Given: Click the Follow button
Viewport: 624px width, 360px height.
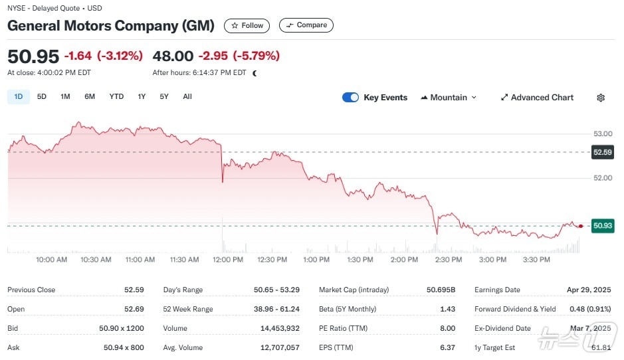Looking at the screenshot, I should tap(247, 25).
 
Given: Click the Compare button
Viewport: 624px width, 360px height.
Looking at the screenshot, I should tap(306, 25).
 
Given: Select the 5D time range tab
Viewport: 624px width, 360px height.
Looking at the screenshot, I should tap(42, 97).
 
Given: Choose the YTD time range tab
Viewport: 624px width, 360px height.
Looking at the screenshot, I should tap(116, 97).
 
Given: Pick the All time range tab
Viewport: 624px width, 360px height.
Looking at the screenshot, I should tap(187, 97).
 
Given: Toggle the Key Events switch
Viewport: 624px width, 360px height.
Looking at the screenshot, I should tap(350, 98).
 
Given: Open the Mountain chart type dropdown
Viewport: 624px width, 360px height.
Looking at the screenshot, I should tap(449, 98).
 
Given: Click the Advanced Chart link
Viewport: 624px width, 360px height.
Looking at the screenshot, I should tap(537, 98).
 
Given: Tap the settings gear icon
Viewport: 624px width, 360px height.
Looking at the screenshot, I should tap(601, 98).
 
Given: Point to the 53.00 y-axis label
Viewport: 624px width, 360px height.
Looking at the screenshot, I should tap(602, 135).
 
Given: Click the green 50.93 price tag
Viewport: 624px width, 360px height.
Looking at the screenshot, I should tap(602, 226).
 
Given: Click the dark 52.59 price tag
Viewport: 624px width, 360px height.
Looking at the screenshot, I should tap(602, 152).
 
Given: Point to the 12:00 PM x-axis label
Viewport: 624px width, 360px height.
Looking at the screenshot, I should tap(227, 260).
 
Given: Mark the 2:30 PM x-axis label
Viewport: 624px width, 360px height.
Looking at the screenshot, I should tap(448, 260).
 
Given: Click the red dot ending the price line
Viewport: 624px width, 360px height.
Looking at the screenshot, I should tap(581, 226).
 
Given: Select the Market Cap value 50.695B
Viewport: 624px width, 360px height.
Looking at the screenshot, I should tap(441, 290).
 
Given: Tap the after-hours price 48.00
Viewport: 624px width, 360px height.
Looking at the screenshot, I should tap(173, 56).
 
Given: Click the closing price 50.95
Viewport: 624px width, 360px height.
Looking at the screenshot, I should tap(33, 56).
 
